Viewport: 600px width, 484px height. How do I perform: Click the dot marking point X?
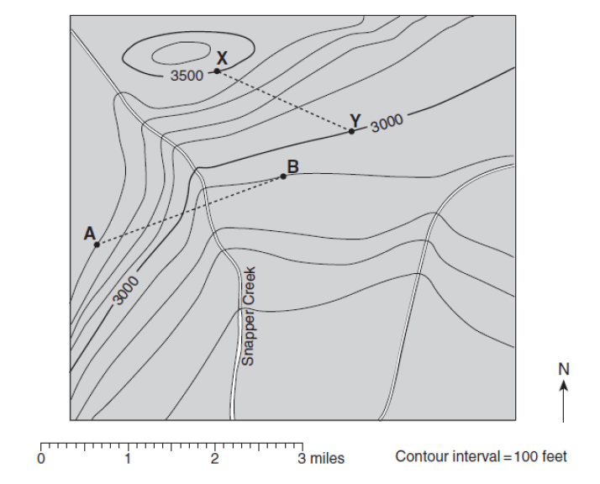217,71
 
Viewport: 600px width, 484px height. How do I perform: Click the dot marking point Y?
351,131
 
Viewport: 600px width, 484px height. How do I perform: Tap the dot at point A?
97,245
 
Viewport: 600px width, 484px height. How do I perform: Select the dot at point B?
283,177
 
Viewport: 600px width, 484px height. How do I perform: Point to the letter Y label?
356,120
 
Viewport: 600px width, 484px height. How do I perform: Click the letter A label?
90,233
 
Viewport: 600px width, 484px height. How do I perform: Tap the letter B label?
292,166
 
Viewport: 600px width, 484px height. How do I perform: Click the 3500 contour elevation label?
187,76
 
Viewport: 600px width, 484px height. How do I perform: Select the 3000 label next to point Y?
387,119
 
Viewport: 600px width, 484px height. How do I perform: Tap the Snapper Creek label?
248,316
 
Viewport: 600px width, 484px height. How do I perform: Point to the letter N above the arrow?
564,368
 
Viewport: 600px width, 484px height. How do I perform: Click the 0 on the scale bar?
40,459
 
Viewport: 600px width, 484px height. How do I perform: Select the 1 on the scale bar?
128,459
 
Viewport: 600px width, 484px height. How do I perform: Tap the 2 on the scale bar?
215,459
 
